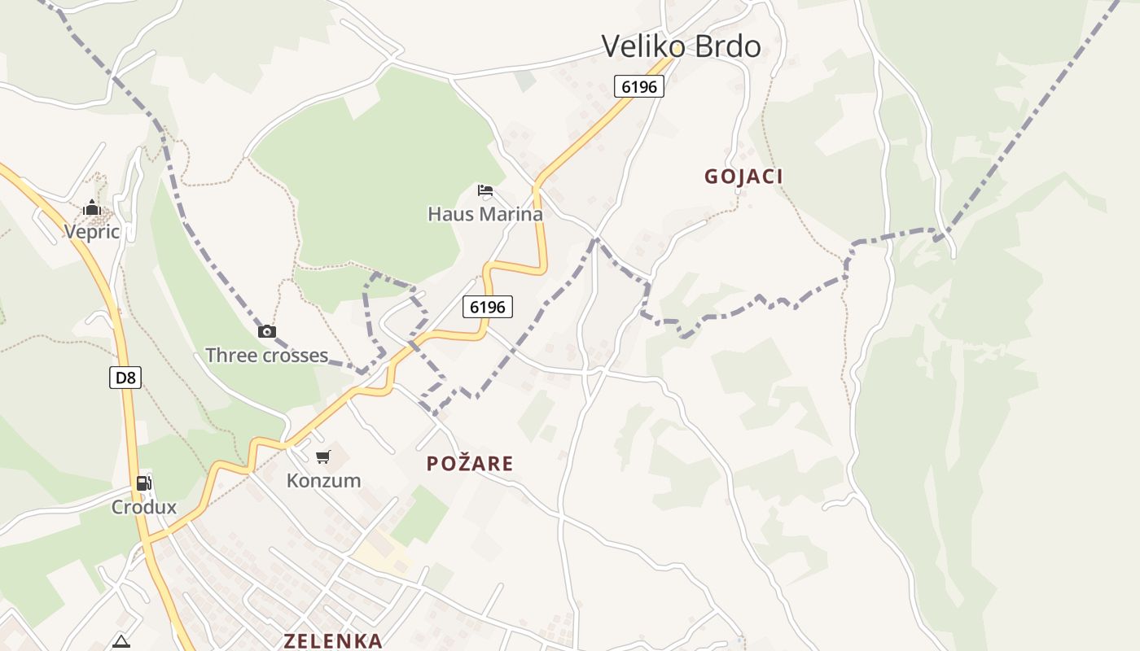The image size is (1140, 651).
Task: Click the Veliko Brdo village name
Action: point(681,46)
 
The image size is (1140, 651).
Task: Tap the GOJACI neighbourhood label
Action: point(743,177)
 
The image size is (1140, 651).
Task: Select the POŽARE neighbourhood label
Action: point(470,464)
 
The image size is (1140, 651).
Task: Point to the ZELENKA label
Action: point(333,640)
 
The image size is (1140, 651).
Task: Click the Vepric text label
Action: point(92,232)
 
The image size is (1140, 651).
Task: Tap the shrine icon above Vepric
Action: point(91,208)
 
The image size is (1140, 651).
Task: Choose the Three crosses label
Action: point(266,356)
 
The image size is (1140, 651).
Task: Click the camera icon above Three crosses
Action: point(266,331)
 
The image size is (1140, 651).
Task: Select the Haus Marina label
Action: point(485,215)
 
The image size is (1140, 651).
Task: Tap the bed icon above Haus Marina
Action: point(485,190)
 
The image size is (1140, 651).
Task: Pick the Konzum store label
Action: point(323,481)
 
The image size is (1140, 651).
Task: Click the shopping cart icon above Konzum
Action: point(323,457)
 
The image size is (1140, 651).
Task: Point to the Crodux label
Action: point(144,508)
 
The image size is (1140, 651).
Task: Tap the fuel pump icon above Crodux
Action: point(143,483)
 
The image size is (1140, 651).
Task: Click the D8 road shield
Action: point(125,377)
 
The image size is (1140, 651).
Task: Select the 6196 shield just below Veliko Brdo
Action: point(639,86)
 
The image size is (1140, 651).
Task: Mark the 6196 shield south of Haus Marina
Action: point(488,307)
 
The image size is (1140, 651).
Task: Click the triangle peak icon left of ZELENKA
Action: point(121,641)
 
